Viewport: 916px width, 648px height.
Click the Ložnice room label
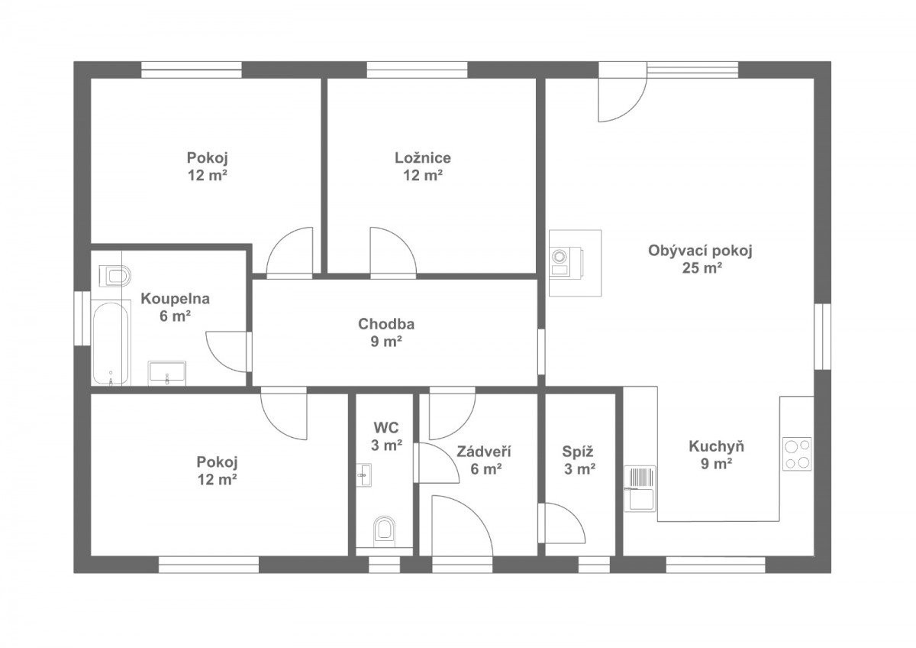pyautogui.click(x=423, y=157)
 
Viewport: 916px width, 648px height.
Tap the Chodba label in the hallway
pyautogui.click(x=386, y=324)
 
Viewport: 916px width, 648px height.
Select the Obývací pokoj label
pyautogui.click(x=700, y=251)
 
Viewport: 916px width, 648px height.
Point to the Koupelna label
pyautogui.click(x=175, y=299)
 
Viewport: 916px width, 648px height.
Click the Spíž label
pyautogui.click(x=577, y=452)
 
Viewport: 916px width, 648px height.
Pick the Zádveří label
pyautogui.click(x=484, y=452)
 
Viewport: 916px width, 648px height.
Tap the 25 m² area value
pyautogui.click(x=702, y=267)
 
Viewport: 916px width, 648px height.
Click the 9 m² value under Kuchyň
pyautogui.click(x=716, y=463)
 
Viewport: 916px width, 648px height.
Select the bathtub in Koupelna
pyautogui.click(x=111, y=342)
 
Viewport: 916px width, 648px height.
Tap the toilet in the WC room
pyautogui.click(x=385, y=531)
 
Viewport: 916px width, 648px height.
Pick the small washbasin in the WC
pyautogui.click(x=363, y=475)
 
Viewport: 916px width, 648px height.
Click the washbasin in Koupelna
pyautogui.click(x=167, y=373)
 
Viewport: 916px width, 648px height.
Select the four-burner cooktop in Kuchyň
pyautogui.click(x=797, y=454)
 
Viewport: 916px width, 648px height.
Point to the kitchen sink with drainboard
pyautogui.click(x=640, y=488)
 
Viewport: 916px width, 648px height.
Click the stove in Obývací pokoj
pyautogui.click(x=566, y=262)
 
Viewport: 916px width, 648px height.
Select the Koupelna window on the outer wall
pyautogui.click(x=82, y=318)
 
